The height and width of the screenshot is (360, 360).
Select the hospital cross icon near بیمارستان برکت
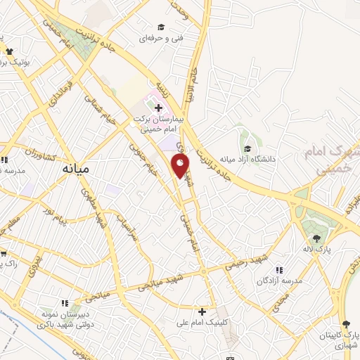(158, 108)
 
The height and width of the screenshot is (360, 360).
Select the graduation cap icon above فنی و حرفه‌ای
(161, 27)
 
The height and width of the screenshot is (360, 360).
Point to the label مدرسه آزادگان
(279, 281)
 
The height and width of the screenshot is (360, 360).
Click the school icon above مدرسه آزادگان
(279, 270)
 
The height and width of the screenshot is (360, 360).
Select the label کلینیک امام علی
(202, 323)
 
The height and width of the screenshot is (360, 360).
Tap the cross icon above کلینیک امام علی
(202, 311)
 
